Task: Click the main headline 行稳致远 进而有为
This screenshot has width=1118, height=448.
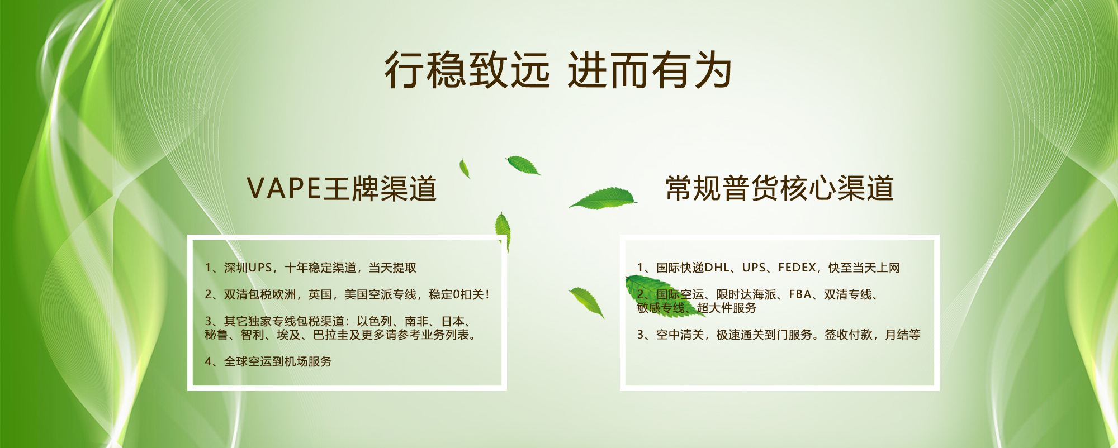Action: pos(558,70)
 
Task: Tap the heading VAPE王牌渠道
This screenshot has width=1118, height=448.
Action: pos(342,188)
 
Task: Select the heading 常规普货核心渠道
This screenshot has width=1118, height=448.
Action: pos(779,188)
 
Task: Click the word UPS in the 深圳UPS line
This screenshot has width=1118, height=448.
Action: pos(260,268)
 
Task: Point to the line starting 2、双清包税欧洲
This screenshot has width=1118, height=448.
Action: pos(347,294)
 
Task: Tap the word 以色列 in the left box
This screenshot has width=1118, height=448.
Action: pos(374,321)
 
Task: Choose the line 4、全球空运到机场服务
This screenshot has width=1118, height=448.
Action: pos(268,361)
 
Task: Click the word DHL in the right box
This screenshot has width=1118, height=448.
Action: pos(717,268)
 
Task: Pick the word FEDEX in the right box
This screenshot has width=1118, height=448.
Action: pos(797,268)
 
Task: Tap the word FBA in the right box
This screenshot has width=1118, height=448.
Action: pos(800,294)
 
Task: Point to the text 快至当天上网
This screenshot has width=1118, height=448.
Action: pos(864,268)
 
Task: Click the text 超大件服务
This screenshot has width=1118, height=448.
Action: pos(727,308)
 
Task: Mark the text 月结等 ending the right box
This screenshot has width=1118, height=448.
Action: pos(903,335)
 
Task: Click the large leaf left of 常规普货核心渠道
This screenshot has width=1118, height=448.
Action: pos(604,198)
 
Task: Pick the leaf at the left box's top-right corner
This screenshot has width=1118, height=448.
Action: pos(503,230)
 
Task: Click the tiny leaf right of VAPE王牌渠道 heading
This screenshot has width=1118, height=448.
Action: pos(465,169)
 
